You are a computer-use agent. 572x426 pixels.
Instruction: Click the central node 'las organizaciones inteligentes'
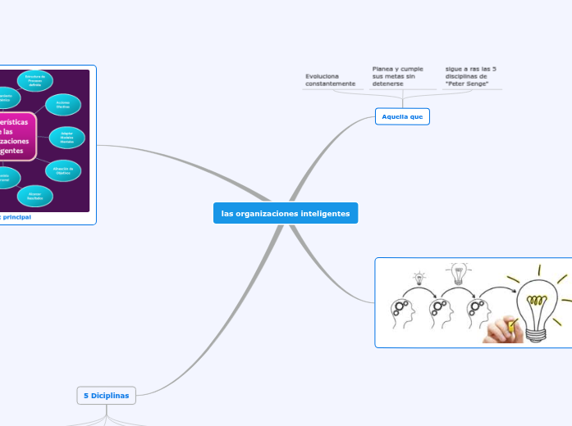pyautogui.click(x=285, y=213)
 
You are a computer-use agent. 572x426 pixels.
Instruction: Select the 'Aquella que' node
pyautogui.click(x=402, y=116)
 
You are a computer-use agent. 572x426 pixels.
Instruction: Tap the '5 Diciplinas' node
pyautogui.click(x=107, y=395)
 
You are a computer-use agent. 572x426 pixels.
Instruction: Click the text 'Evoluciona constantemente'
pyautogui.click(x=331, y=79)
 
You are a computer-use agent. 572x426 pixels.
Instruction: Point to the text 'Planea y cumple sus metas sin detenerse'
pyautogui.click(x=399, y=76)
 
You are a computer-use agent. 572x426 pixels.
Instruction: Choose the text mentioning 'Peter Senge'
pyautogui.click(x=472, y=76)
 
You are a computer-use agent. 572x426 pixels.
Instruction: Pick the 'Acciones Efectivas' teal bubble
pyautogui.click(x=63, y=104)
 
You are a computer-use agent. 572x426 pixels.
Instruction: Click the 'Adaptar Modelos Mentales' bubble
pyautogui.click(x=67, y=137)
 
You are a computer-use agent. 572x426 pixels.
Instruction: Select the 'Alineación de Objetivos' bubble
pyautogui.click(x=63, y=170)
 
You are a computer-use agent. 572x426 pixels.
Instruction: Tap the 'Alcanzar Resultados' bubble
pyautogui.click(x=34, y=195)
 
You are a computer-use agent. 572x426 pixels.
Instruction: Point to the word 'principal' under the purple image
pyautogui.click(x=11, y=217)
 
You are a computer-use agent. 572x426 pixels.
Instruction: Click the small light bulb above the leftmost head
pyautogui.click(x=420, y=278)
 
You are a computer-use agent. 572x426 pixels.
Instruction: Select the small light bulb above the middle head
pyautogui.click(x=458, y=271)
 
